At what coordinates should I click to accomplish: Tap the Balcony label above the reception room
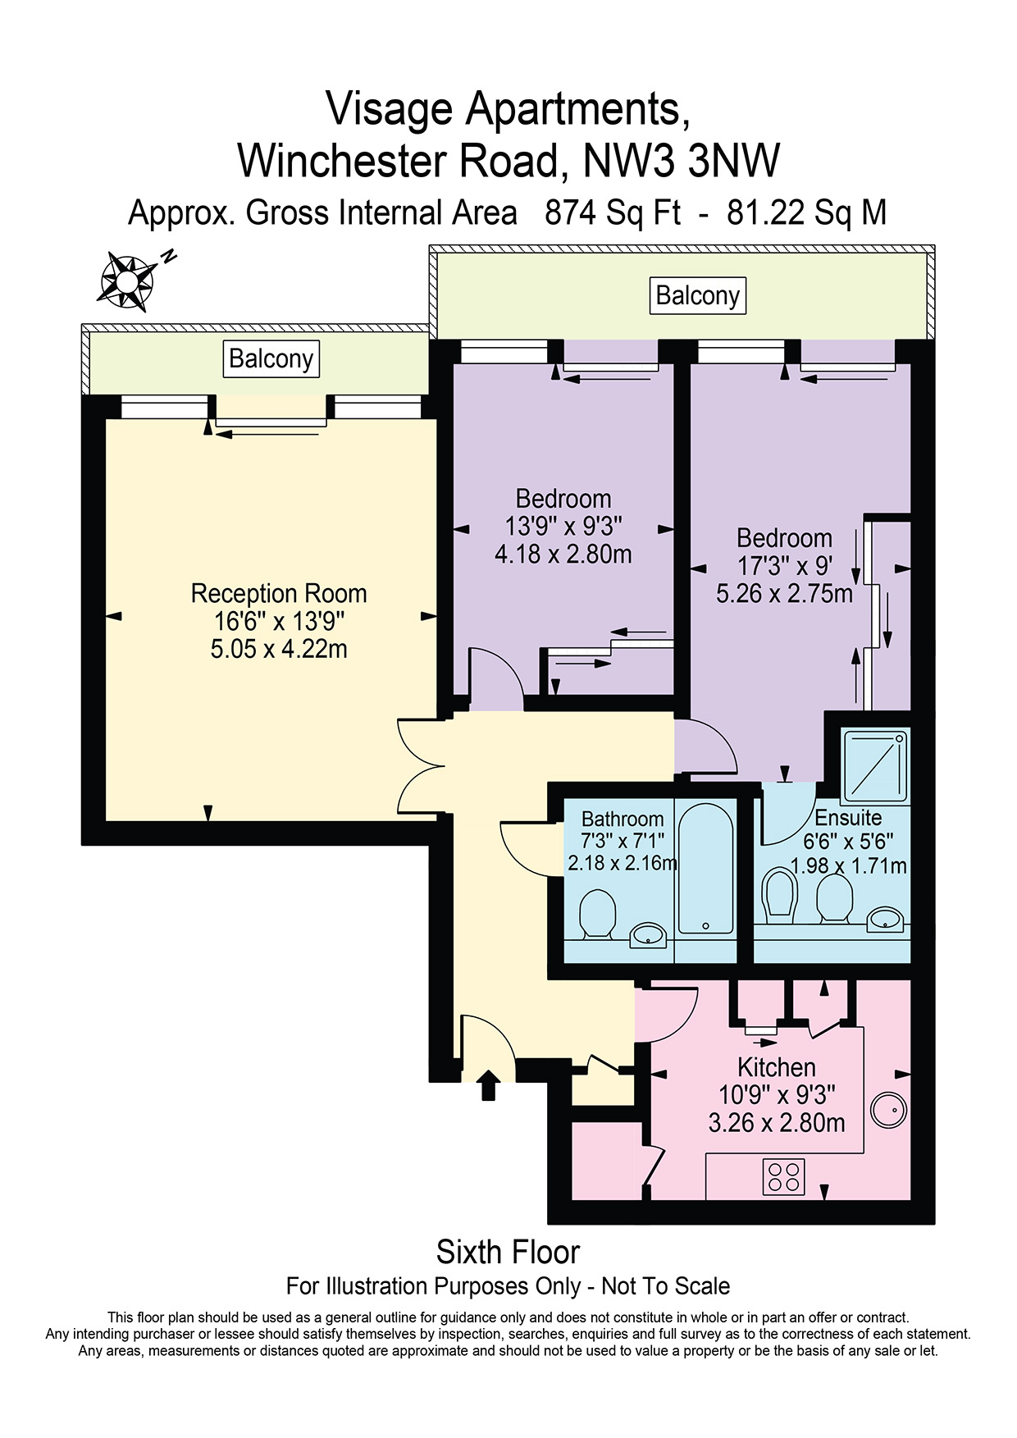(x=271, y=358)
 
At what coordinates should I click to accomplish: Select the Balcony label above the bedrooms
(x=698, y=295)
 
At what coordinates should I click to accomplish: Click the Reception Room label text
(x=279, y=593)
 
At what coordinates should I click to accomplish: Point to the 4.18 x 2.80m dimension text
(x=563, y=555)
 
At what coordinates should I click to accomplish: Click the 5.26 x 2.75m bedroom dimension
(x=784, y=593)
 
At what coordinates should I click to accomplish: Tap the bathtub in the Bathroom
(x=705, y=870)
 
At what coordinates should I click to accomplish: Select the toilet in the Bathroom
(x=598, y=914)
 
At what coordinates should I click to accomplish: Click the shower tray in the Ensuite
(x=876, y=766)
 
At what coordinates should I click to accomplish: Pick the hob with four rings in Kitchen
(x=783, y=1177)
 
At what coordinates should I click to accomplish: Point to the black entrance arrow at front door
(x=489, y=1084)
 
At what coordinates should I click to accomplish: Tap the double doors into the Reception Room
(x=420, y=767)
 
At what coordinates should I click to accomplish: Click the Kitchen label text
(x=777, y=1067)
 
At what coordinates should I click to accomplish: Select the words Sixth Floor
(x=508, y=1252)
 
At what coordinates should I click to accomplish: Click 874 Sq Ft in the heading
(x=613, y=212)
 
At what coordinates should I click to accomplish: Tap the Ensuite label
(x=848, y=818)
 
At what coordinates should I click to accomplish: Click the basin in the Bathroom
(x=648, y=934)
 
